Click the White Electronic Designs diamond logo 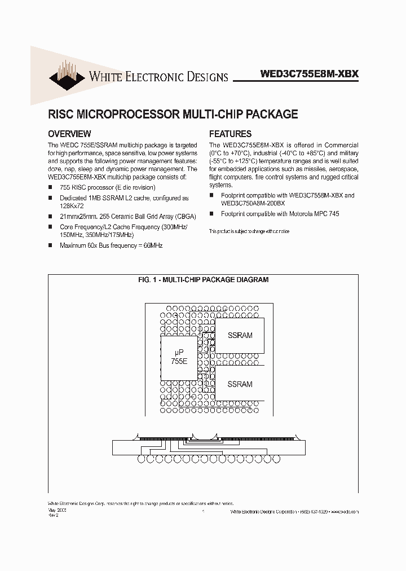67,74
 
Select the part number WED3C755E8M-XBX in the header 310,74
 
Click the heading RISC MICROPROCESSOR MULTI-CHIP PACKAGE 173,114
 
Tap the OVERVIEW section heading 69,134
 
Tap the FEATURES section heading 230,134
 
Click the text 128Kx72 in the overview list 72,207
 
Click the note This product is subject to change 249,232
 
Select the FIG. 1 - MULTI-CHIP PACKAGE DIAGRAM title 203,280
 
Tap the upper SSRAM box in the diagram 240,335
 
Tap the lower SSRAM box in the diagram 240,384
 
